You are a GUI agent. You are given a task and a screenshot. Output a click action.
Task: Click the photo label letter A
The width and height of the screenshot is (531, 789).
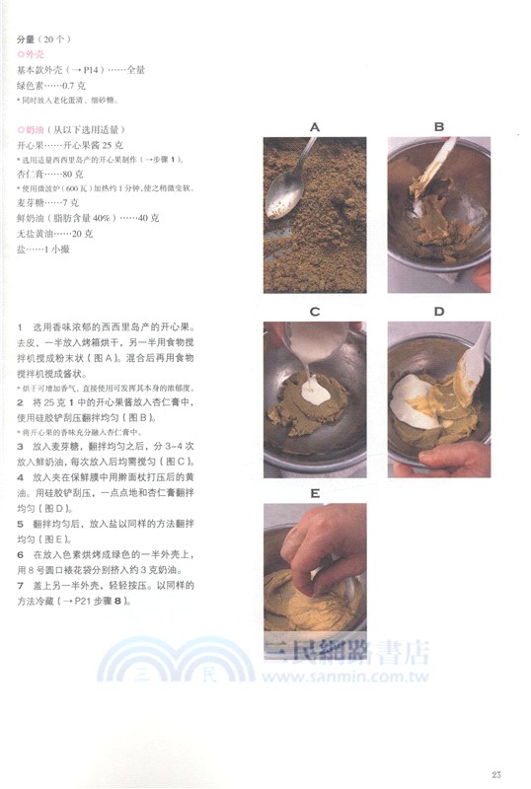tap(315, 127)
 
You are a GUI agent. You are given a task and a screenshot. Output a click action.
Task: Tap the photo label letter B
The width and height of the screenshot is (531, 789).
tap(439, 127)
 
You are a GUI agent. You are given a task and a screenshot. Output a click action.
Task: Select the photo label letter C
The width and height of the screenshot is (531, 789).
tap(315, 312)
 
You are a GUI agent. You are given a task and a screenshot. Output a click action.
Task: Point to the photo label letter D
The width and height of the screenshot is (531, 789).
tap(439, 312)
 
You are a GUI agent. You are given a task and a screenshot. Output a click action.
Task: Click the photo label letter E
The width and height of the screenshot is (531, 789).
tap(315, 493)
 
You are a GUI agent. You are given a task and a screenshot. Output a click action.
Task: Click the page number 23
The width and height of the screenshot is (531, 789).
tap(497, 771)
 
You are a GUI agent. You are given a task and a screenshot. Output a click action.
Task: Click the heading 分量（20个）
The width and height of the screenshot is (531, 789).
tap(42, 38)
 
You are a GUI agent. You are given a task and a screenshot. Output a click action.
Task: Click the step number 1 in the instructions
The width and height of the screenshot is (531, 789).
tap(21, 325)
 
